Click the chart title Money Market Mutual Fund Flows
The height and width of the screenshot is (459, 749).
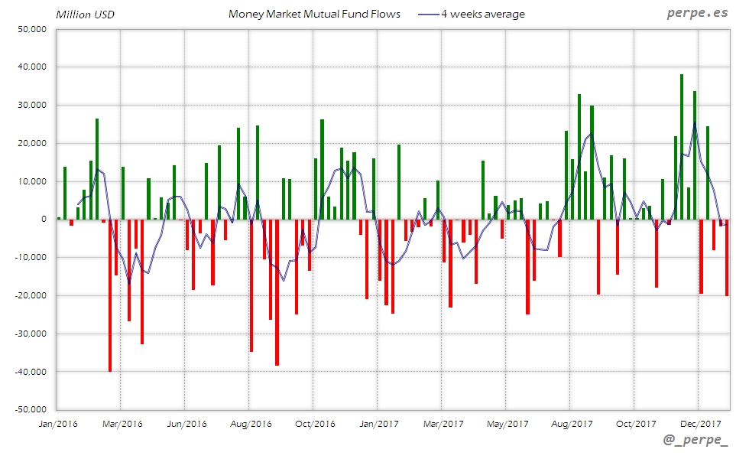(x=314, y=14)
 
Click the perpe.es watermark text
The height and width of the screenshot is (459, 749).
(x=696, y=14)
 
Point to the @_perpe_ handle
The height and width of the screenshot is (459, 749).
(x=696, y=441)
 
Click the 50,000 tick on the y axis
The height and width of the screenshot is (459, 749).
(x=32, y=29)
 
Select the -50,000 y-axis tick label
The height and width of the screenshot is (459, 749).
(x=31, y=409)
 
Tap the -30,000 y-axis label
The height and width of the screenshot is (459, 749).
(x=31, y=334)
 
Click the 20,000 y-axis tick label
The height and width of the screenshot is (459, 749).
(x=32, y=143)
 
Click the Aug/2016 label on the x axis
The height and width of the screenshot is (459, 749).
(x=250, y=423)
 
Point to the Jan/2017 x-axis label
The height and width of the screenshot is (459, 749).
(x=378, y=423)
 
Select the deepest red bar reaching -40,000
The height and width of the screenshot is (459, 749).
(x=110, y=295)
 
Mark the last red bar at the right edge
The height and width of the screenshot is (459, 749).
(x=727, y=257)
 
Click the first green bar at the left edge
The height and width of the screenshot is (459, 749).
(x=59, y=218)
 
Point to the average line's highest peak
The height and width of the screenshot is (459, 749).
(x=695, y=122)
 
